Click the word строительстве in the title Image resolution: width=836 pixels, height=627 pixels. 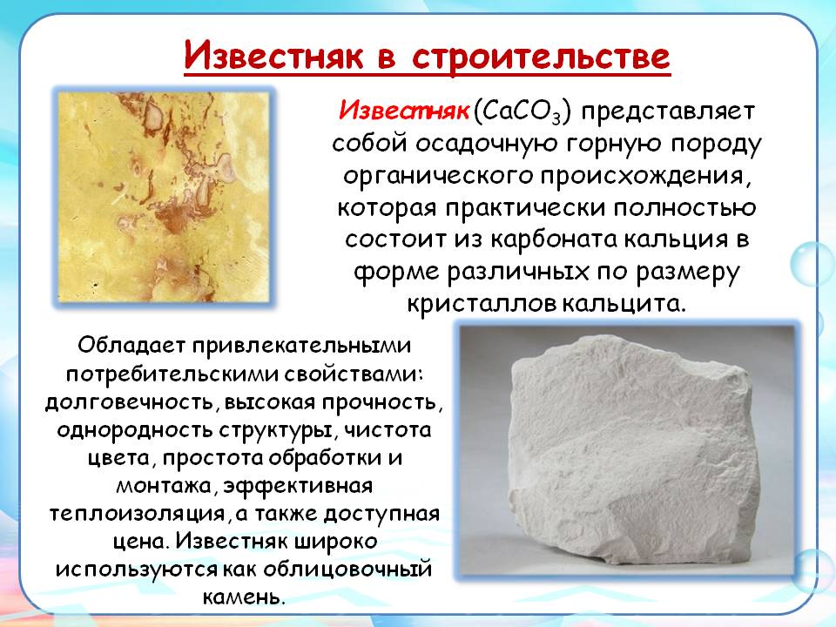tap(541, 57)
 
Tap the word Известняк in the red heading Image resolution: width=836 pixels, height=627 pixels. tap(274, 55)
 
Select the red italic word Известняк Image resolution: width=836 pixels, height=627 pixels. tap(405, 111)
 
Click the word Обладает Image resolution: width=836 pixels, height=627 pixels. tap(131, 345)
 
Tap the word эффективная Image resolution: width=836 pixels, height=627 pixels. tap(298, 486)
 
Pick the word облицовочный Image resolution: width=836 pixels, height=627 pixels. tap(347, 570)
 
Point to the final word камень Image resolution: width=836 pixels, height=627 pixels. tap(243, 597)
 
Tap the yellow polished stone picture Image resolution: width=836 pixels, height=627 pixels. tap(164, 198)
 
